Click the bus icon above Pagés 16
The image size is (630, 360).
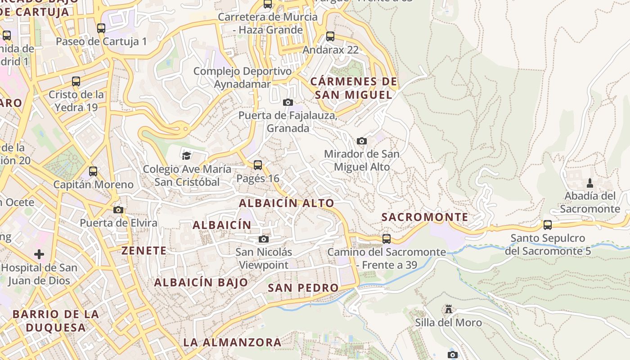[x=258, y=165]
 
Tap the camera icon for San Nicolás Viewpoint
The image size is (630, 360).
[x=264, y=239]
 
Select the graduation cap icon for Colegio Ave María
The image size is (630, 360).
[x=186, y=156]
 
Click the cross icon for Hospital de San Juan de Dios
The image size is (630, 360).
[x=39, y=254]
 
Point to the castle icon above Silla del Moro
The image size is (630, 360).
[x=448, y=309]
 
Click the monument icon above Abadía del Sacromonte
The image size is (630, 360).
[x=590, y=183]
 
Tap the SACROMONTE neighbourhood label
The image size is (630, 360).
[x=425, y=217]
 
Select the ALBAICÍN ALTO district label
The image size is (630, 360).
[x=286, y=203]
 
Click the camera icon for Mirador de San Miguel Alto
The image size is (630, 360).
[x=361, y=141]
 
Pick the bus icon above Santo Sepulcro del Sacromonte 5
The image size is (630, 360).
[x=548, y=225]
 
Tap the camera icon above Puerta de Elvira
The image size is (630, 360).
[x=118, y=210]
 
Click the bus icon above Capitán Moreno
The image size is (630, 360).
[x=93, y=171]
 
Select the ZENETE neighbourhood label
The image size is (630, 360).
[x=144, y=251]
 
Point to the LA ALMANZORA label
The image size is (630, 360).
[x=232, y=342]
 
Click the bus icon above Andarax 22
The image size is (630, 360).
[x=330, y=36]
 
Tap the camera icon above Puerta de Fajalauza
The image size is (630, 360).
[x=288, y=102]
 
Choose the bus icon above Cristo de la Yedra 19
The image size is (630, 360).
[x=76, y=81]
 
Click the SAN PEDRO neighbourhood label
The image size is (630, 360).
[x=303, y=288]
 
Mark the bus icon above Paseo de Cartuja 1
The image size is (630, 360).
[x=101, y=28]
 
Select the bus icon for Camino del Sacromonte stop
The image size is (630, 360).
[x=387, y=238]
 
